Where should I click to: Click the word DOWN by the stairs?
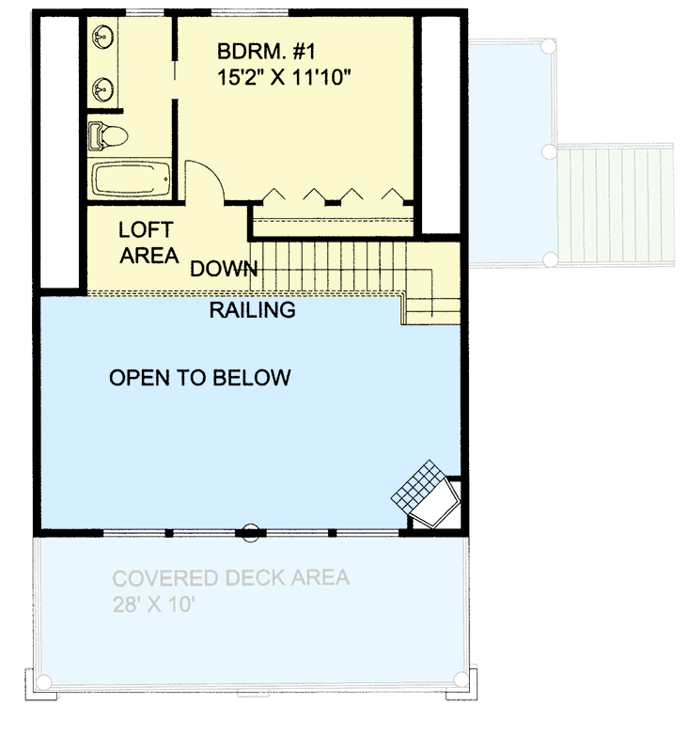(224, 269)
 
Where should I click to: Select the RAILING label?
(252, 309)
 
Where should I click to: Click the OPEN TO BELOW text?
(200, 378)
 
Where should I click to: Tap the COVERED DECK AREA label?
(231, 577)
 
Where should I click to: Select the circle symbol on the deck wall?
(250, 532)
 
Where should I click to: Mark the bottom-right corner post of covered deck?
(459, 680)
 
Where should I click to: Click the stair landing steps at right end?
(431, 306)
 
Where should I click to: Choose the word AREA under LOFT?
(149, 255)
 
